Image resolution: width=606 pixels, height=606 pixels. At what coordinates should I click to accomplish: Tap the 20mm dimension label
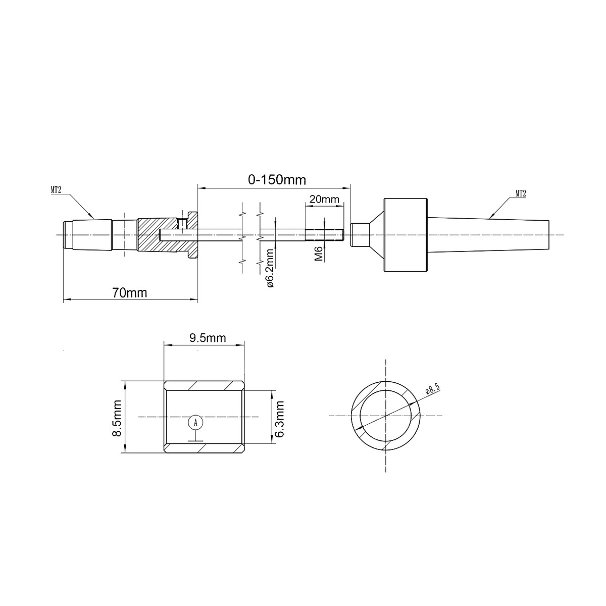coord(324,199)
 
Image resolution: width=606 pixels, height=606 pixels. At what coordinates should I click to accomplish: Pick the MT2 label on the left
coord(56,190)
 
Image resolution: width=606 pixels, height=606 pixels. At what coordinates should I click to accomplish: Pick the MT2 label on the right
coord(521,193)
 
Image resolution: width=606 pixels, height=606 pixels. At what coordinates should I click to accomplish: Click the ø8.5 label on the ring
coord(433,390)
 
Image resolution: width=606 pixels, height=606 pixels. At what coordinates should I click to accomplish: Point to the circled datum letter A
coord(195,422)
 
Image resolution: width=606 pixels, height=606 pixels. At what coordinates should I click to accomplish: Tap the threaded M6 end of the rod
coord(325,235)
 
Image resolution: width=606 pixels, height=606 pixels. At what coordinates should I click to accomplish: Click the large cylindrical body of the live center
coord(407,235)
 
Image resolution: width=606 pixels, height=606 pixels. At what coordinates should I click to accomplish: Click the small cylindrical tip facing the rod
coord(358,235)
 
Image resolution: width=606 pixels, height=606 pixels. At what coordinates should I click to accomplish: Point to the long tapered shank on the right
coord(490,235)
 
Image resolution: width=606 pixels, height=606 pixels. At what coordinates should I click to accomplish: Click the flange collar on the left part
coord(192,235)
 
